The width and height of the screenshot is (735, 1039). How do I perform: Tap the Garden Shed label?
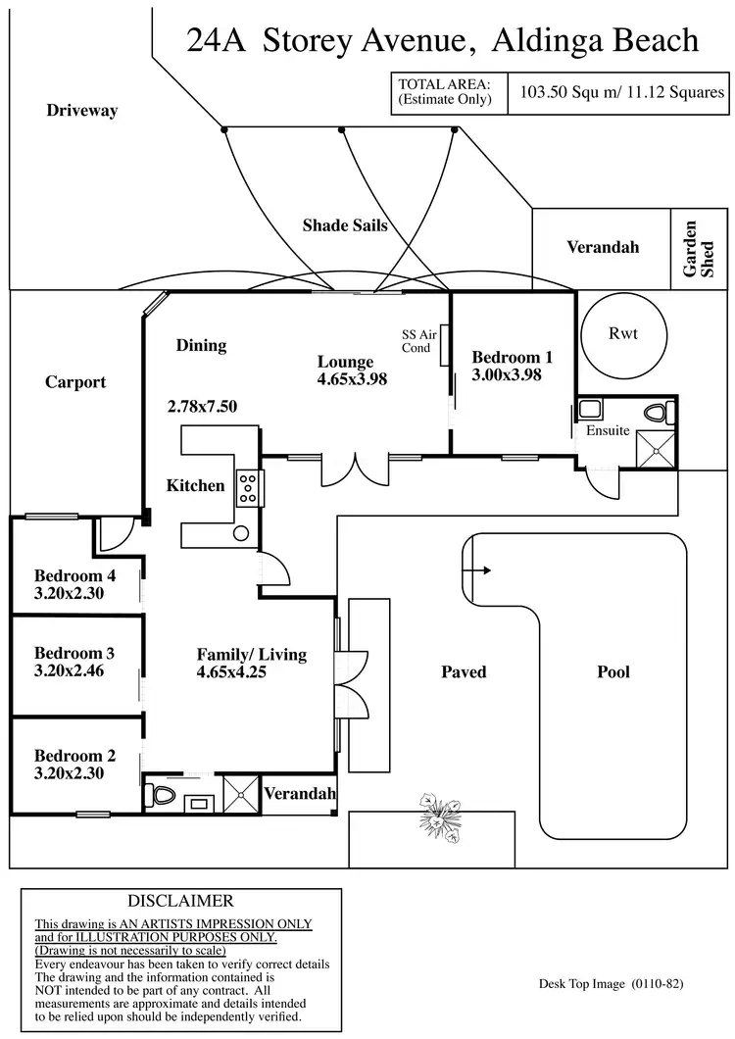pos(692,249)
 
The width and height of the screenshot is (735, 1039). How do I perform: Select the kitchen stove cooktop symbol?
pos(247,487)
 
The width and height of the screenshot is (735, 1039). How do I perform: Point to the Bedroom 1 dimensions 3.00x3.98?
pos(507,374)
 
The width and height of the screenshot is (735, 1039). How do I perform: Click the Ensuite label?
pos(608,431)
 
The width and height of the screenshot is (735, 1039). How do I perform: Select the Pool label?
pos(613,672)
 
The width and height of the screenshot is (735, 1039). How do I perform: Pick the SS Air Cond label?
pos(416,341)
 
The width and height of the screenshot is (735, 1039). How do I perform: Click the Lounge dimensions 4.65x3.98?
pos(352,379)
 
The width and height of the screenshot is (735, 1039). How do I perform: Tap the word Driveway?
pos(82,111)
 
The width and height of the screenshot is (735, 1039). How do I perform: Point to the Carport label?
pos(75,382)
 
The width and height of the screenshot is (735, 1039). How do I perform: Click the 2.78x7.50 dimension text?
pos(202,406)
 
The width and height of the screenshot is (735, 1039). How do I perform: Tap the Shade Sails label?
pos(345,225)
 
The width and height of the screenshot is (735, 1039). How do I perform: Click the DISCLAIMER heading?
pos(180,901)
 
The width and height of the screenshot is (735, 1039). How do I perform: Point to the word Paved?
pos(464,672)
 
